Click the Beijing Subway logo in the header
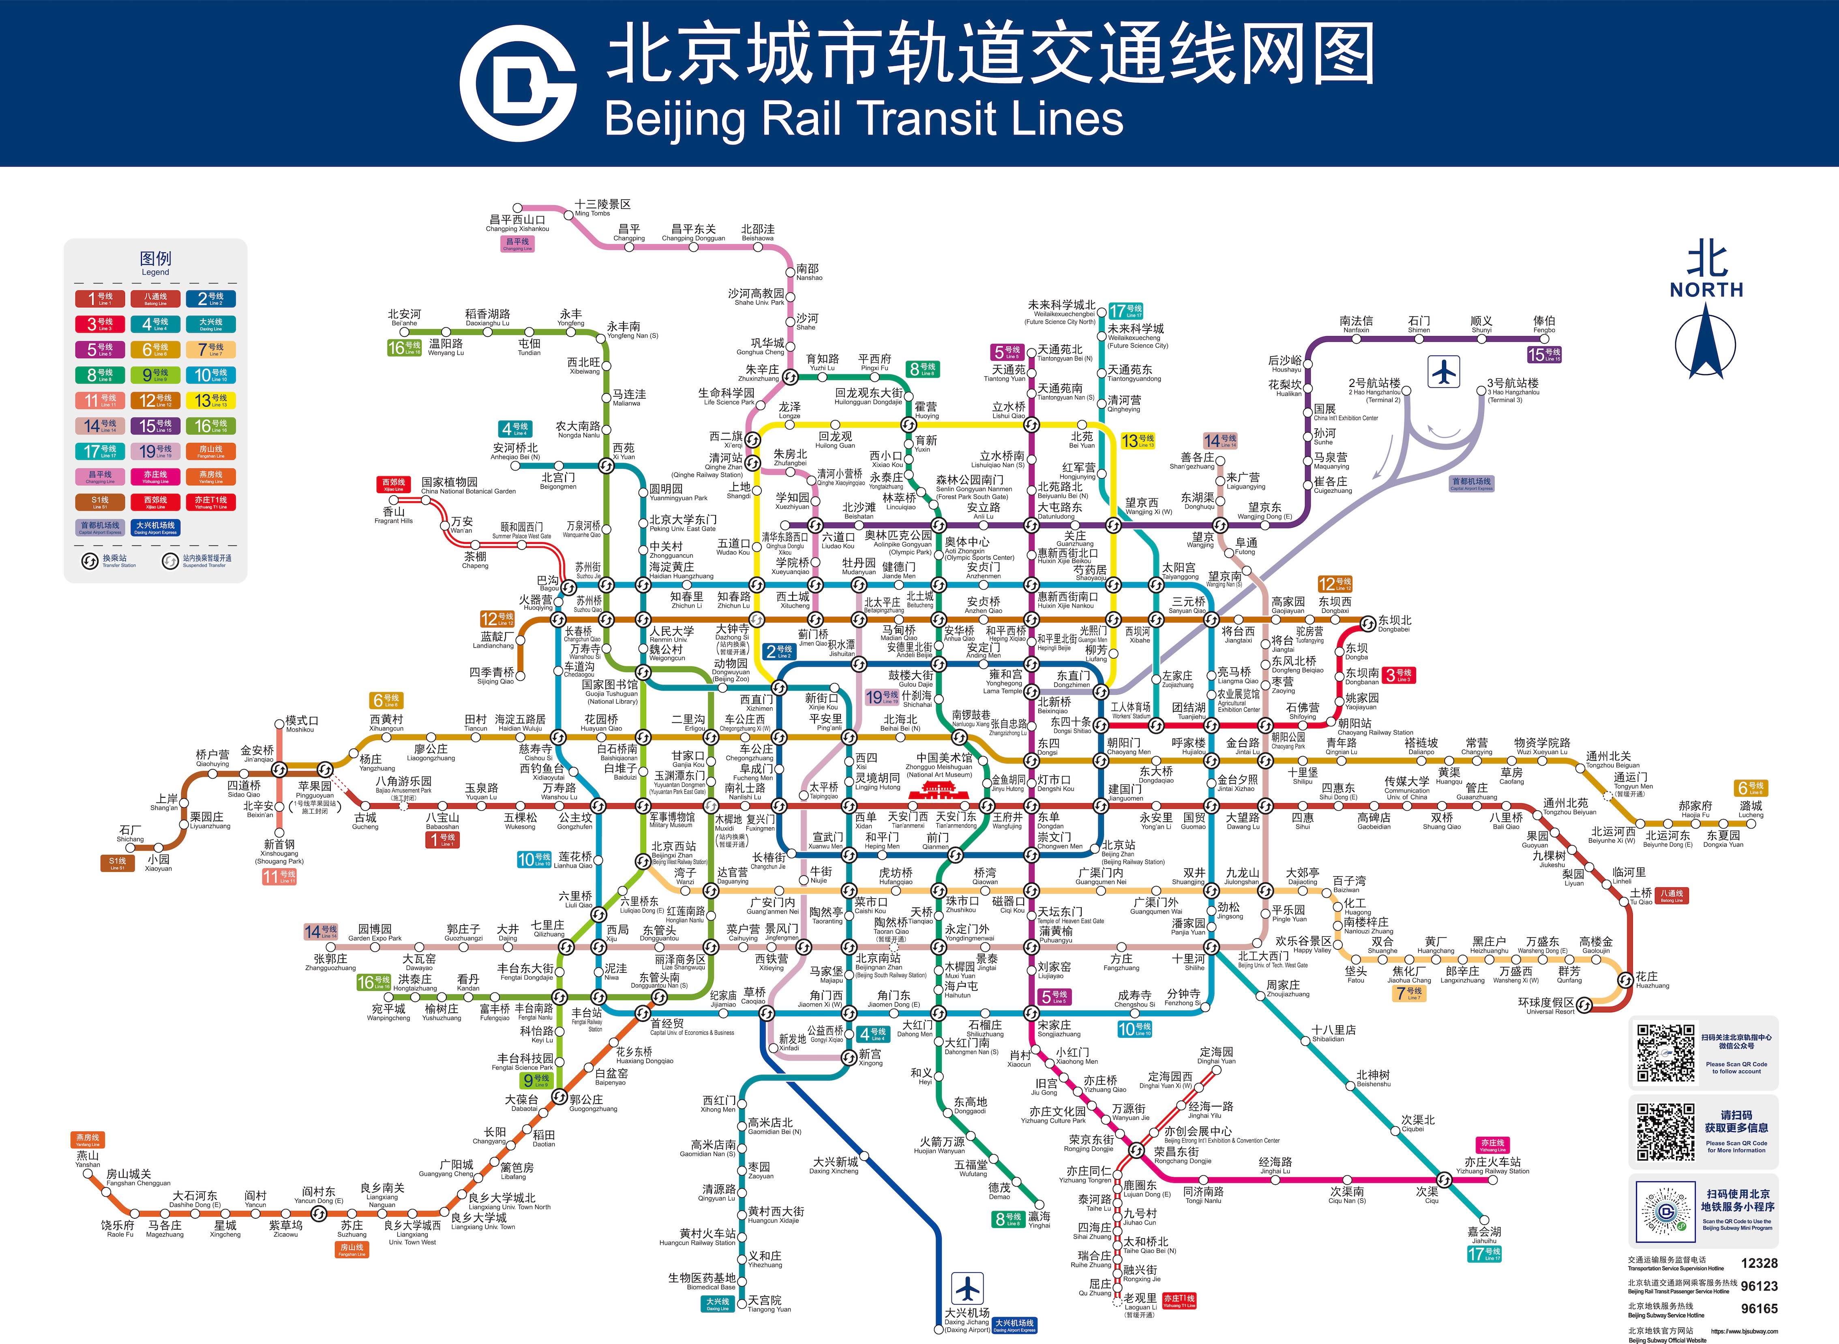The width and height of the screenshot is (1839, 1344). tap(518, 83)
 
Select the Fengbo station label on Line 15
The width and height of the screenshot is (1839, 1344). tap(1544, 324)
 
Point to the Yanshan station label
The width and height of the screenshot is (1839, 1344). tap(88, 1159)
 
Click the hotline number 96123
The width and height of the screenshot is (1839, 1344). tap(1759, 1286)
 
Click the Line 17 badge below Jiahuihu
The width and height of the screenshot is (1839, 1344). tap(1484, 1254)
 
